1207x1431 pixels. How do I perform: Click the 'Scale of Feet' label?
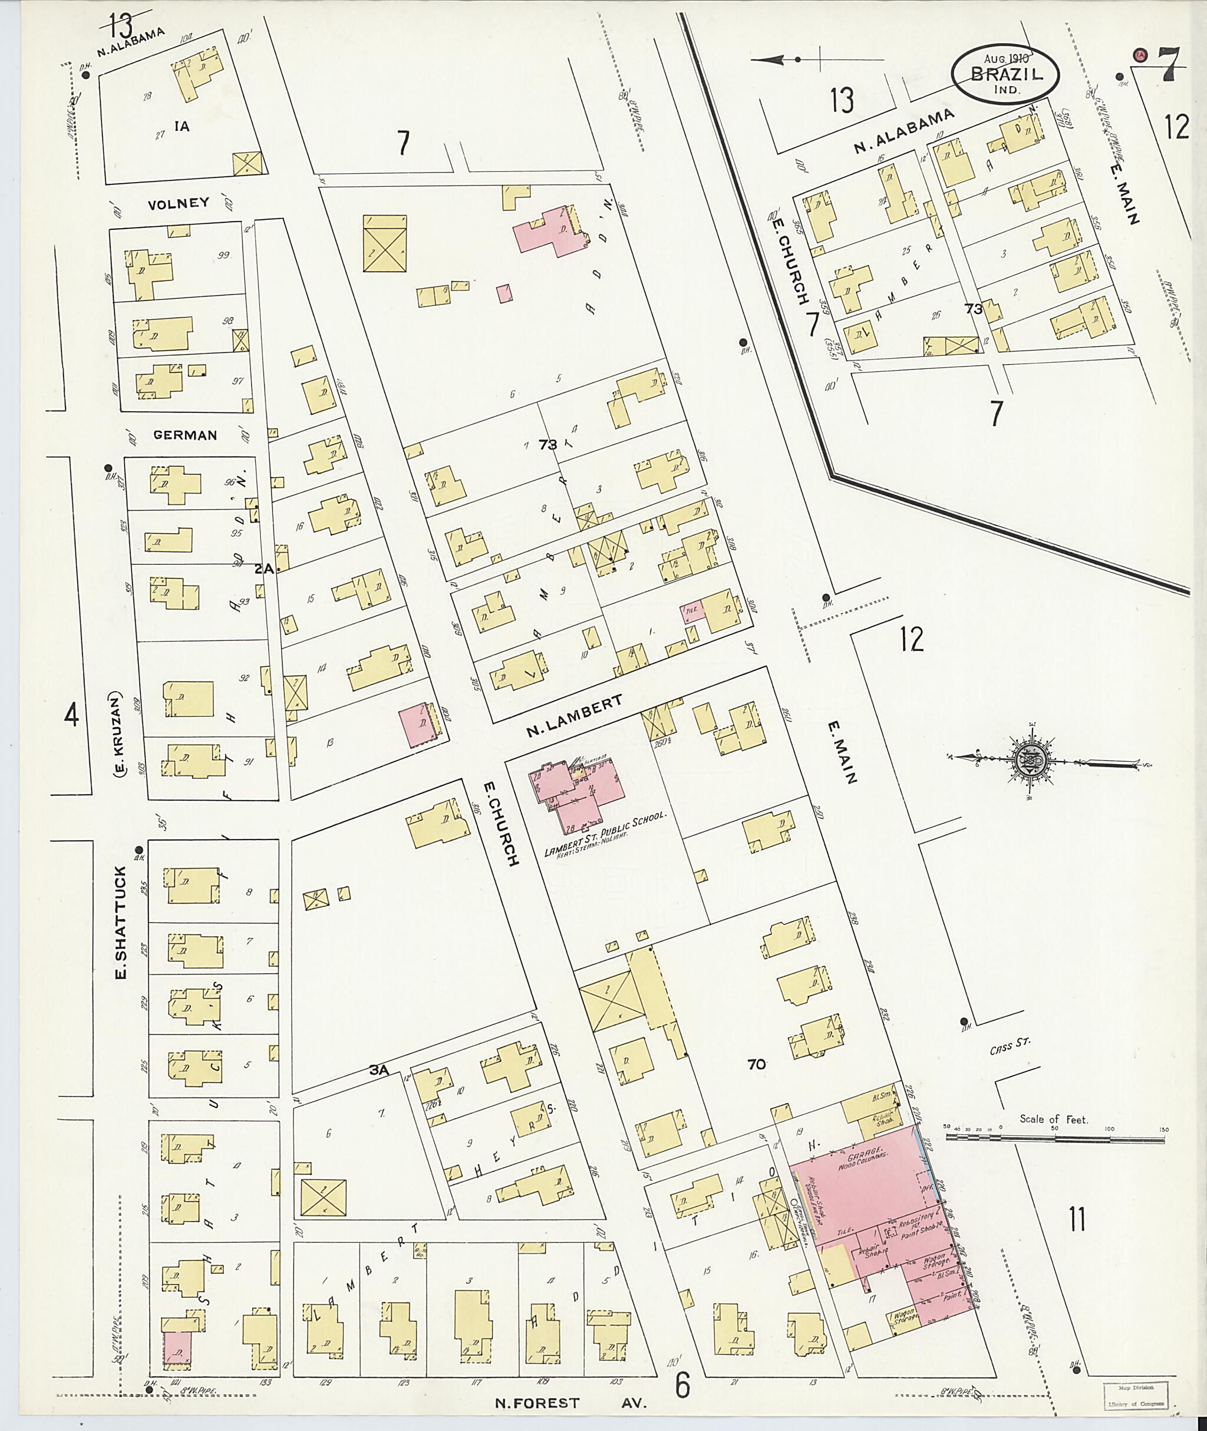[x=1053, y=1119]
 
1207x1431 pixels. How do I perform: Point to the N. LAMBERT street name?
[x=574, y=716]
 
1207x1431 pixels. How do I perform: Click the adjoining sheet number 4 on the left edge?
[x=71, y=716]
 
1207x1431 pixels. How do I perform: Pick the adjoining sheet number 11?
[x=1077, y=1219]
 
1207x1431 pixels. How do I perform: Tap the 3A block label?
[x=378, y=1070]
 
